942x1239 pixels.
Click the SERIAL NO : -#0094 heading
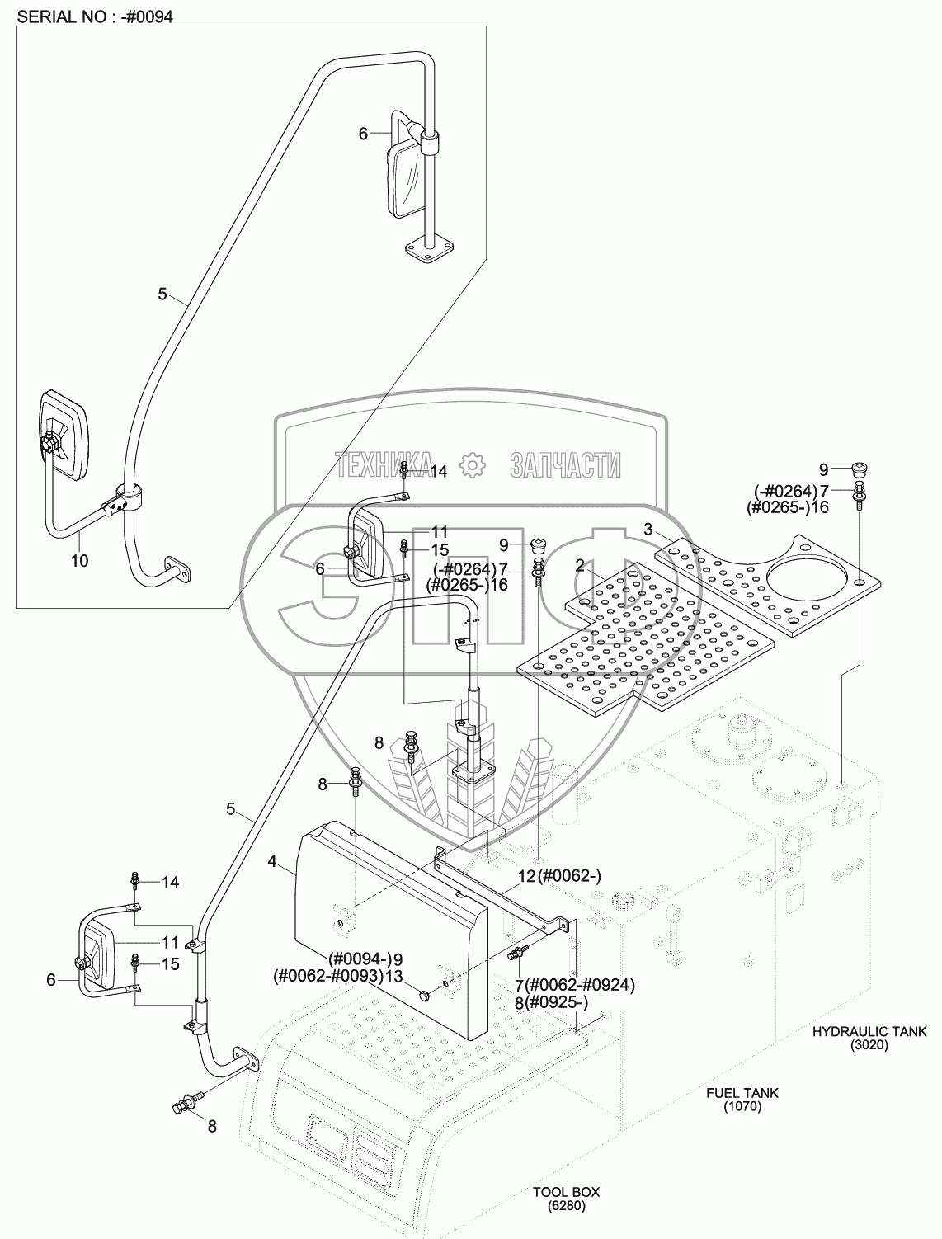point(96,16)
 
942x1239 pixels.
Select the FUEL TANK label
point(742,1093)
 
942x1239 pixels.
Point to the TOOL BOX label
point(566,1192)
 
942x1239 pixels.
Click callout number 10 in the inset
point(80,560)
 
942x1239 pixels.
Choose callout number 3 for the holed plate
point(648,529)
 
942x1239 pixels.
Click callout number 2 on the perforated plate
point(581,565)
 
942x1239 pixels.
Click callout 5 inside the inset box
point(162,294)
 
